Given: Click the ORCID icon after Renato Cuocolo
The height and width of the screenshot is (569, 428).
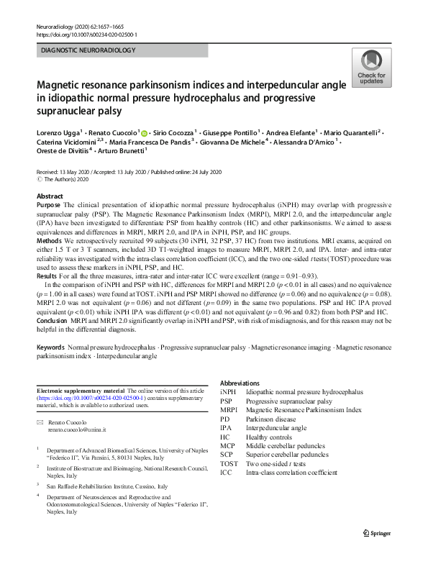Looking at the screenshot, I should pyautogui.click(x=144, y=133).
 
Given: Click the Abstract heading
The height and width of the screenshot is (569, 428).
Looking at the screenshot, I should pyautogui.click(x=49, y=196).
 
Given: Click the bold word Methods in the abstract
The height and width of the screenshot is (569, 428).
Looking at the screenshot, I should pyautogui.click(x=49, y=250).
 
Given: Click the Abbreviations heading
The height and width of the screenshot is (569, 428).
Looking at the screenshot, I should pyautogui.click(x=240, y=383).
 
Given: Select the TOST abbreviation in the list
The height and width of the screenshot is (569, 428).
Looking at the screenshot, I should pyautogui.click(x=229, y=463).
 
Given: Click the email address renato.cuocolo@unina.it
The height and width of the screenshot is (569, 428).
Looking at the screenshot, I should pyautogui.click(x=76, y=429).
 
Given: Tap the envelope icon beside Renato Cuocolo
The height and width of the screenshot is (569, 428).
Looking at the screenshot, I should pyautogui.click(x=40, y=422).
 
